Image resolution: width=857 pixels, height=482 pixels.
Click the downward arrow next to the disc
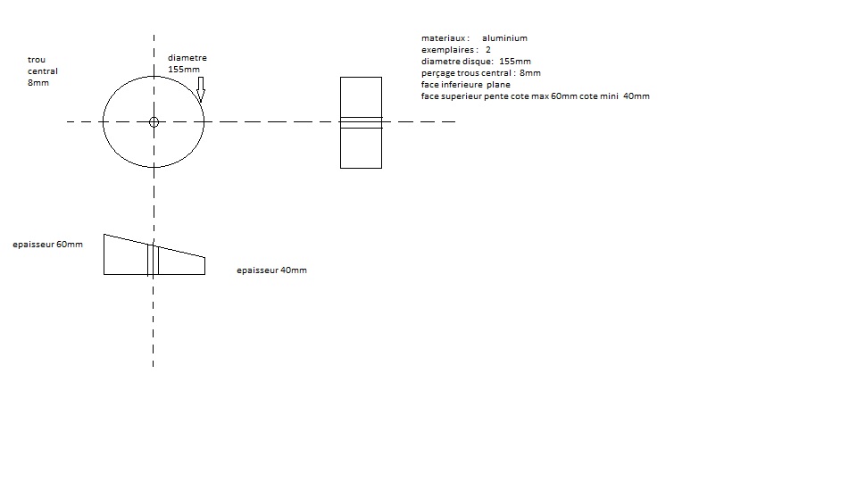point(201,89)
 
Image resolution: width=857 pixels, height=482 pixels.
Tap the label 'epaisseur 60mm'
point(47,245)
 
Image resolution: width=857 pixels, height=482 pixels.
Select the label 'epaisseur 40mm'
point(271,270)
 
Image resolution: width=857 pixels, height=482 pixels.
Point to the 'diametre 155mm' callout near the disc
point(187,63)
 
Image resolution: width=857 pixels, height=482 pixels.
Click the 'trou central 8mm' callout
point(43,71)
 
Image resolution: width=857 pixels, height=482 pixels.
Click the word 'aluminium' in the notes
point(504,38)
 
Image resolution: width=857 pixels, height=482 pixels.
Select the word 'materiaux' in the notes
point(444,38)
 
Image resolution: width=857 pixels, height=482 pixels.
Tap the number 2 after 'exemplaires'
point(488,50)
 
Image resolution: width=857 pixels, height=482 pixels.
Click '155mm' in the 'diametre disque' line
point(515,62)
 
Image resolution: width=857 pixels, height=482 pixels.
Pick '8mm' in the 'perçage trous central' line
point(530,72)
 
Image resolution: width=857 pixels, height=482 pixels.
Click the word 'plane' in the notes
point(498,85)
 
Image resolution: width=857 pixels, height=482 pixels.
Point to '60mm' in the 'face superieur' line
point(564,96)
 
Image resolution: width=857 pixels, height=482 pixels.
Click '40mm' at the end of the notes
point(637,96)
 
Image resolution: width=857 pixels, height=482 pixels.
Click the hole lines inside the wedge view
point(153,260)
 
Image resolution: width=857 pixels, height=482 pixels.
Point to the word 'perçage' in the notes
point(437,73)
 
